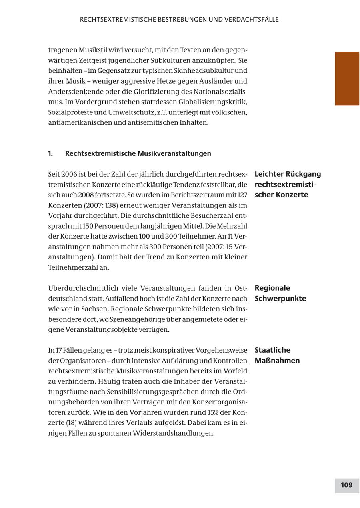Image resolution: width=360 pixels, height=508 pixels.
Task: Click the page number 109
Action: pyautogui.click(x=346, y=485)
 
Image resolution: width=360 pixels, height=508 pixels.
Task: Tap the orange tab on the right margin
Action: pyautogui.click(x=347, y=78)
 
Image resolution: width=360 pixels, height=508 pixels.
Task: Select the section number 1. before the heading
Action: pyautogui.click(x=50, y=153)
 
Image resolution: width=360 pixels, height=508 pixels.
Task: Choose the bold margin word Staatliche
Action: pyautogui.click(x=272, y=350)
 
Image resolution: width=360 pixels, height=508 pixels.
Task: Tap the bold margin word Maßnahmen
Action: pyautogui.click(x=277, y=361)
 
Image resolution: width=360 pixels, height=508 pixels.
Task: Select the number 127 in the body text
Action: pyautogui.click(x=242, y=195)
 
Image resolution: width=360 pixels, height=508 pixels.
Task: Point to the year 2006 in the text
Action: pyautogui.click(x=69, y=174)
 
